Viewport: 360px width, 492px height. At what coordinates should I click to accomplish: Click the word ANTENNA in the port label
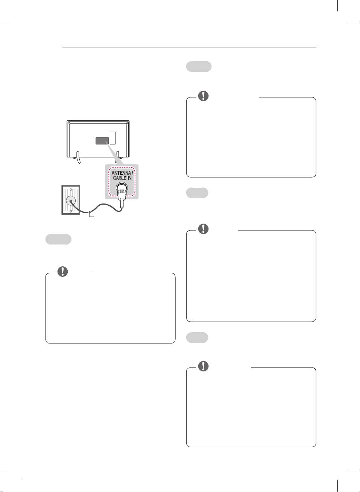coord(121,173)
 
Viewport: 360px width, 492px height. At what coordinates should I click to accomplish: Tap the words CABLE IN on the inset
coord(122,178)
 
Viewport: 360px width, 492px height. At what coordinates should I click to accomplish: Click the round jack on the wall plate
coord(70,200)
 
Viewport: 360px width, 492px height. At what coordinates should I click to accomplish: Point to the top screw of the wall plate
coord(71,189)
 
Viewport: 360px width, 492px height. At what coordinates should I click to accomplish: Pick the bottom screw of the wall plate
coord(71,211)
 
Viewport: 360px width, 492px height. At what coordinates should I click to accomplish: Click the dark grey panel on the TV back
coord(102,141)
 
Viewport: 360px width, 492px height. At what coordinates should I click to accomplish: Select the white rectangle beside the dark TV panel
coord(112,138)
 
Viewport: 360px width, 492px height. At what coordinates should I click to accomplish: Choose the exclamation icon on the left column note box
coord(63,271)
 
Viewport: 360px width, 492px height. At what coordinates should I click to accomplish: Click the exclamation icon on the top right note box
coord(203,96)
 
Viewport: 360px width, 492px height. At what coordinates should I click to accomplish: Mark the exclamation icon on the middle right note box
coord(203,228)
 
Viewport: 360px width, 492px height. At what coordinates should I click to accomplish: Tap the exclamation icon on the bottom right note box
coord(203,366)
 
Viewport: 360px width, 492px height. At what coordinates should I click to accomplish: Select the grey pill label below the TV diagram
coord(58,239)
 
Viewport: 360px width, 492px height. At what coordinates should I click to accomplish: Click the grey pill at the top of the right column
coord(199,67)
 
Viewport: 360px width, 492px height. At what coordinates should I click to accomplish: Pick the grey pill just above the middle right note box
coord(197,193)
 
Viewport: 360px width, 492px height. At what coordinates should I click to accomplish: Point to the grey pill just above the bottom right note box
coord(197,337)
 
